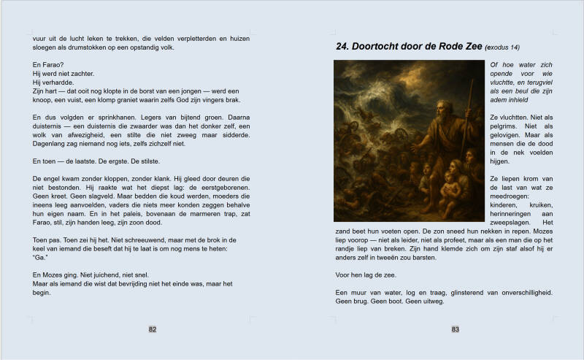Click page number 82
tap(153, 329)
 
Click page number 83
tap(455, 329)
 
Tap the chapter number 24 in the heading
tap(342, 46)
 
